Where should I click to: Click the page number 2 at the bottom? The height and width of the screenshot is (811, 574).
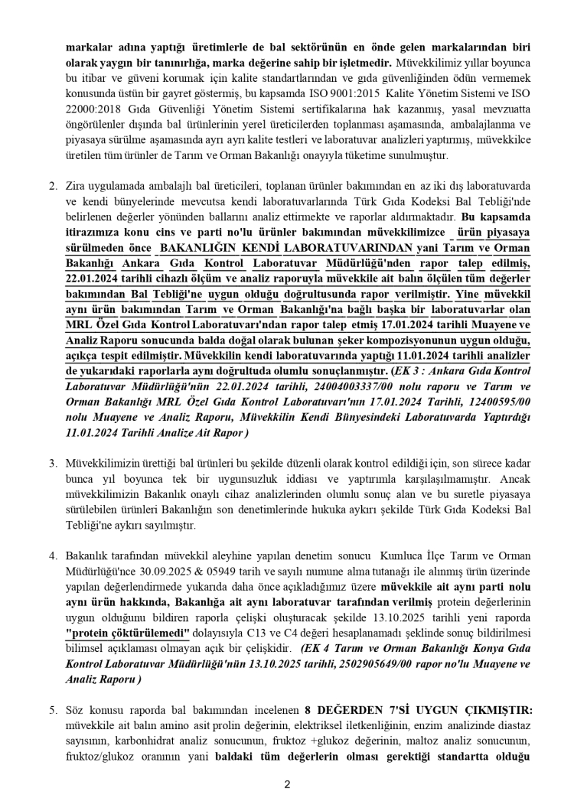pos(287,784)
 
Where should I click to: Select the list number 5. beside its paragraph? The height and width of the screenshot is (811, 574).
pos(54,711)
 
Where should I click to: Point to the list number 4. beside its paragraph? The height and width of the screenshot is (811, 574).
pos(54,555)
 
